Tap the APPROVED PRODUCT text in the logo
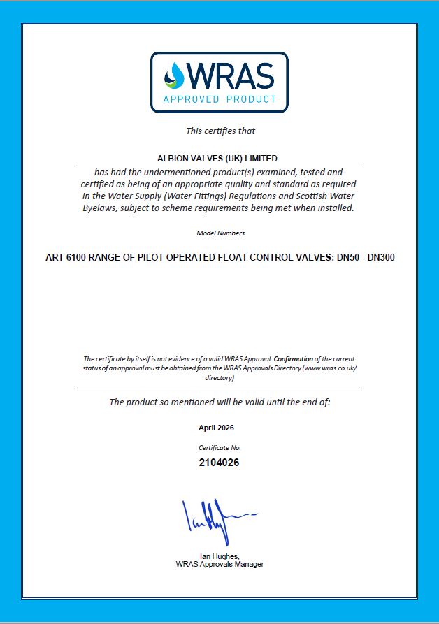point(219,99)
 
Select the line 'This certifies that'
point(220,131)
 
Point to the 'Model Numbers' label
point(220,233)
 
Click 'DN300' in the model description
point(380,256)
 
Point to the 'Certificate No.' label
point(220,447)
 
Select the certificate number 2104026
point(219,462)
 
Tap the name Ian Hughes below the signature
point(219,556)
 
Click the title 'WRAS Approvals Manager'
point(220,564)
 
